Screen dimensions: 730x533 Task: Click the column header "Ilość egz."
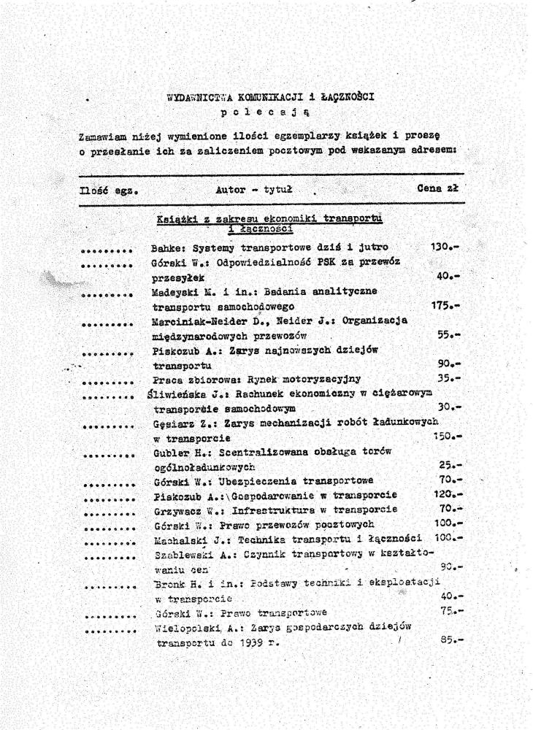click(109, 191)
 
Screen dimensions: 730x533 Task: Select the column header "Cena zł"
click(438, 188)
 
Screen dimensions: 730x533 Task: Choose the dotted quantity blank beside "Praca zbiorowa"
click(109, 381)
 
